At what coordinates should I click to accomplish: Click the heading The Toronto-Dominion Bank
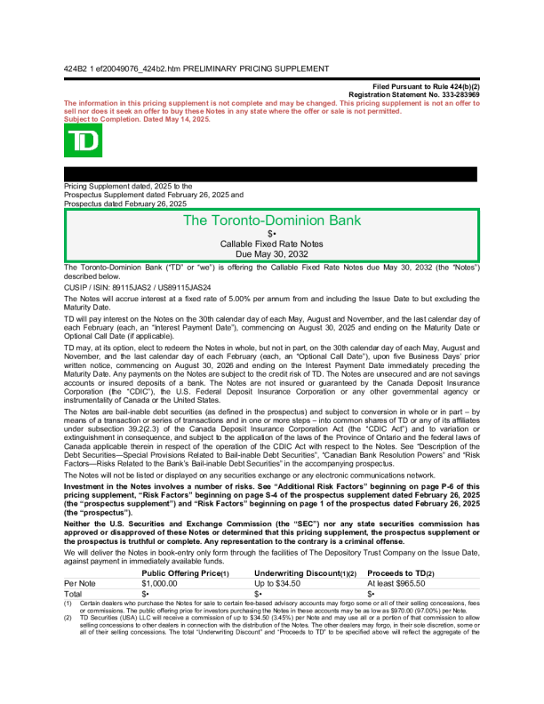pyautogui.click(x=271, y=220)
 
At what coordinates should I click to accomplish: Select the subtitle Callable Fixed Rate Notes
pyautogui.click(x=271, y=243)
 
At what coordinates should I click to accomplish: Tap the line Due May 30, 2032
pyautogui.click(x=271, y=252)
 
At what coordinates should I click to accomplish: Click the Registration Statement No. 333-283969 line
pyautogui.click(x=414, y=94)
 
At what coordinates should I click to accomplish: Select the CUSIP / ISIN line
pyautogui.click(x=138, y=288)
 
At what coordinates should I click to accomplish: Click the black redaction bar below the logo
pyautogui.click(x=271, y=174)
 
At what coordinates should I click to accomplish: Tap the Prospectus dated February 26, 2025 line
pyautogui.click(x=125, y=204)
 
